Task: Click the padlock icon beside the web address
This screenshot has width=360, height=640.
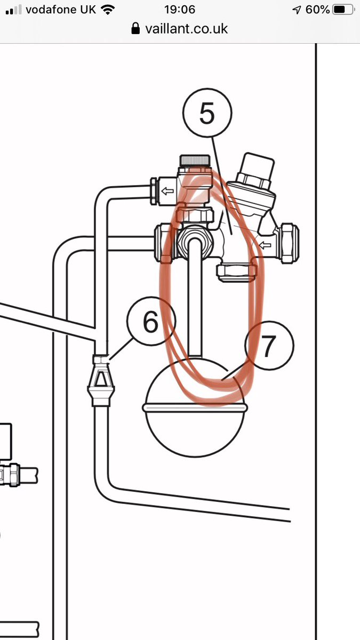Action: [136, 28]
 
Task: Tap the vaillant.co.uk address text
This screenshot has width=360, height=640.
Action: [186, 28]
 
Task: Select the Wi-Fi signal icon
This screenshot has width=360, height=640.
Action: [108, 10]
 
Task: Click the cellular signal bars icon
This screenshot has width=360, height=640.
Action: [13, 10]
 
